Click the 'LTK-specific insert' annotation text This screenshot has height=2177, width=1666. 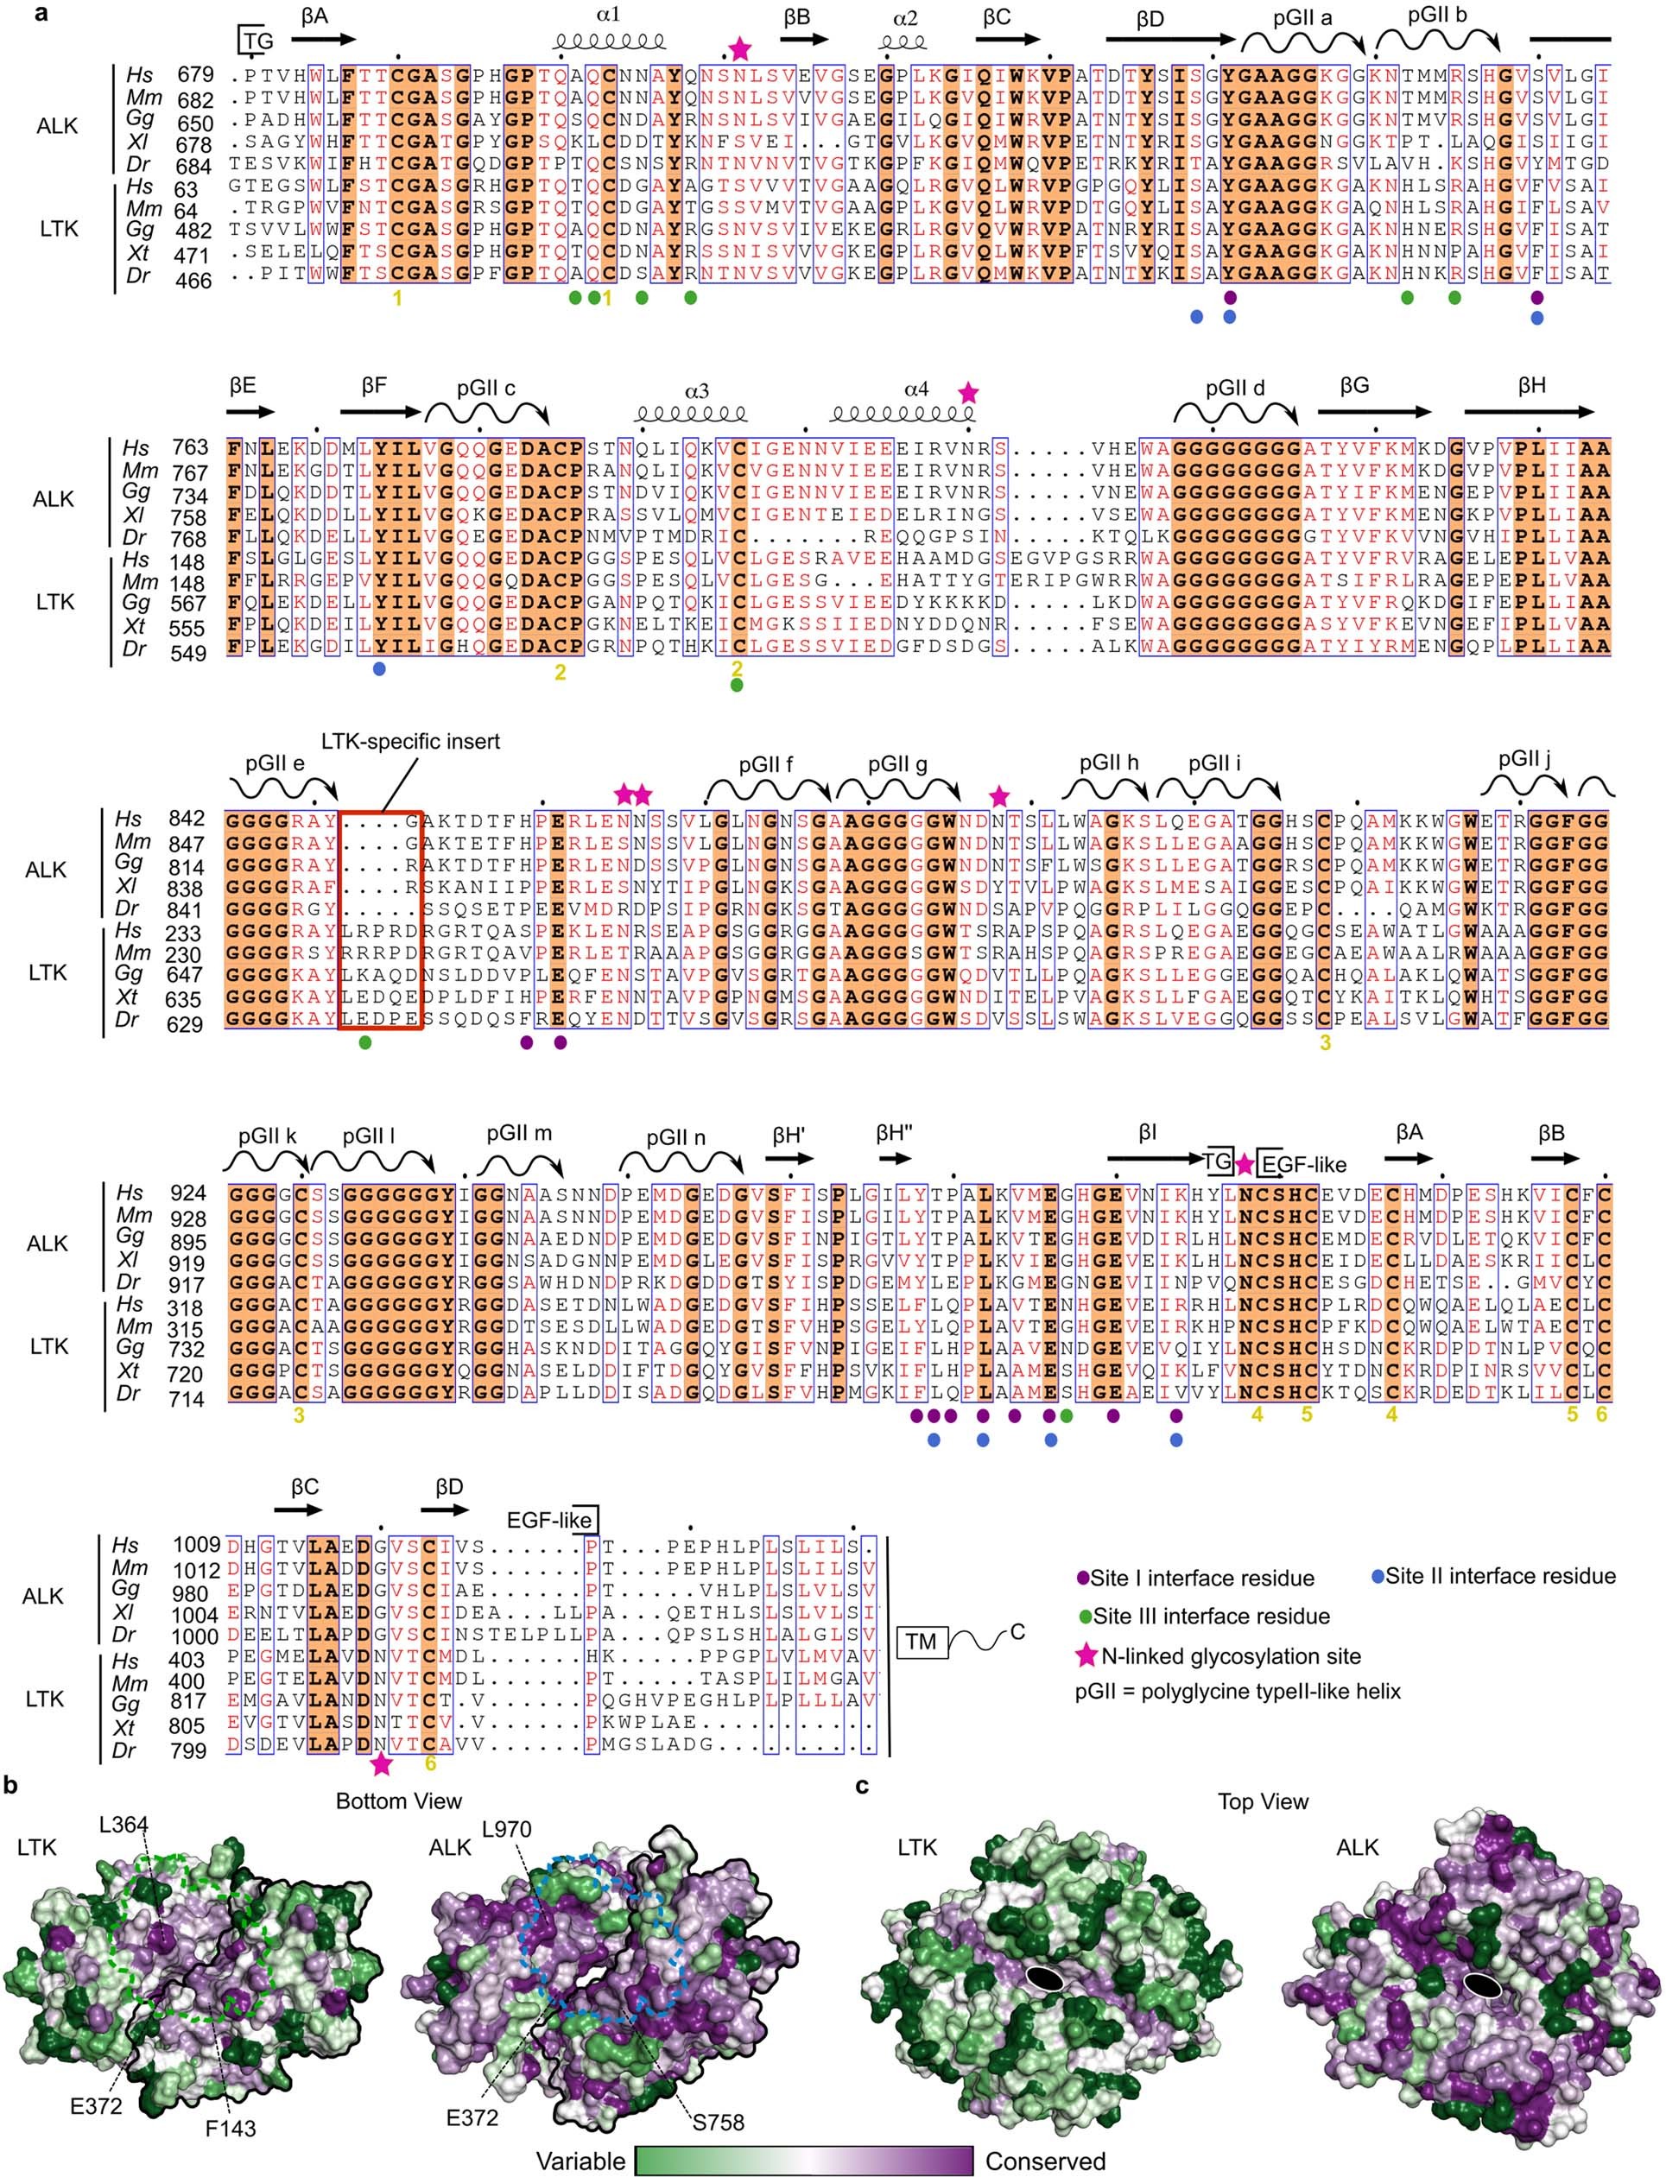409,742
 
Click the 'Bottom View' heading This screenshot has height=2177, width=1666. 399,1801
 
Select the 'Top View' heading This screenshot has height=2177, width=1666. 1263,1801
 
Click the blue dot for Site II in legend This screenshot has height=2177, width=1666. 1377,1576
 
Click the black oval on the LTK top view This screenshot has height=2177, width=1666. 1043,1978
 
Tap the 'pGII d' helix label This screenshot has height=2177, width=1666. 1235,389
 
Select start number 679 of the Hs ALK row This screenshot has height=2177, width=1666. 195,75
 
